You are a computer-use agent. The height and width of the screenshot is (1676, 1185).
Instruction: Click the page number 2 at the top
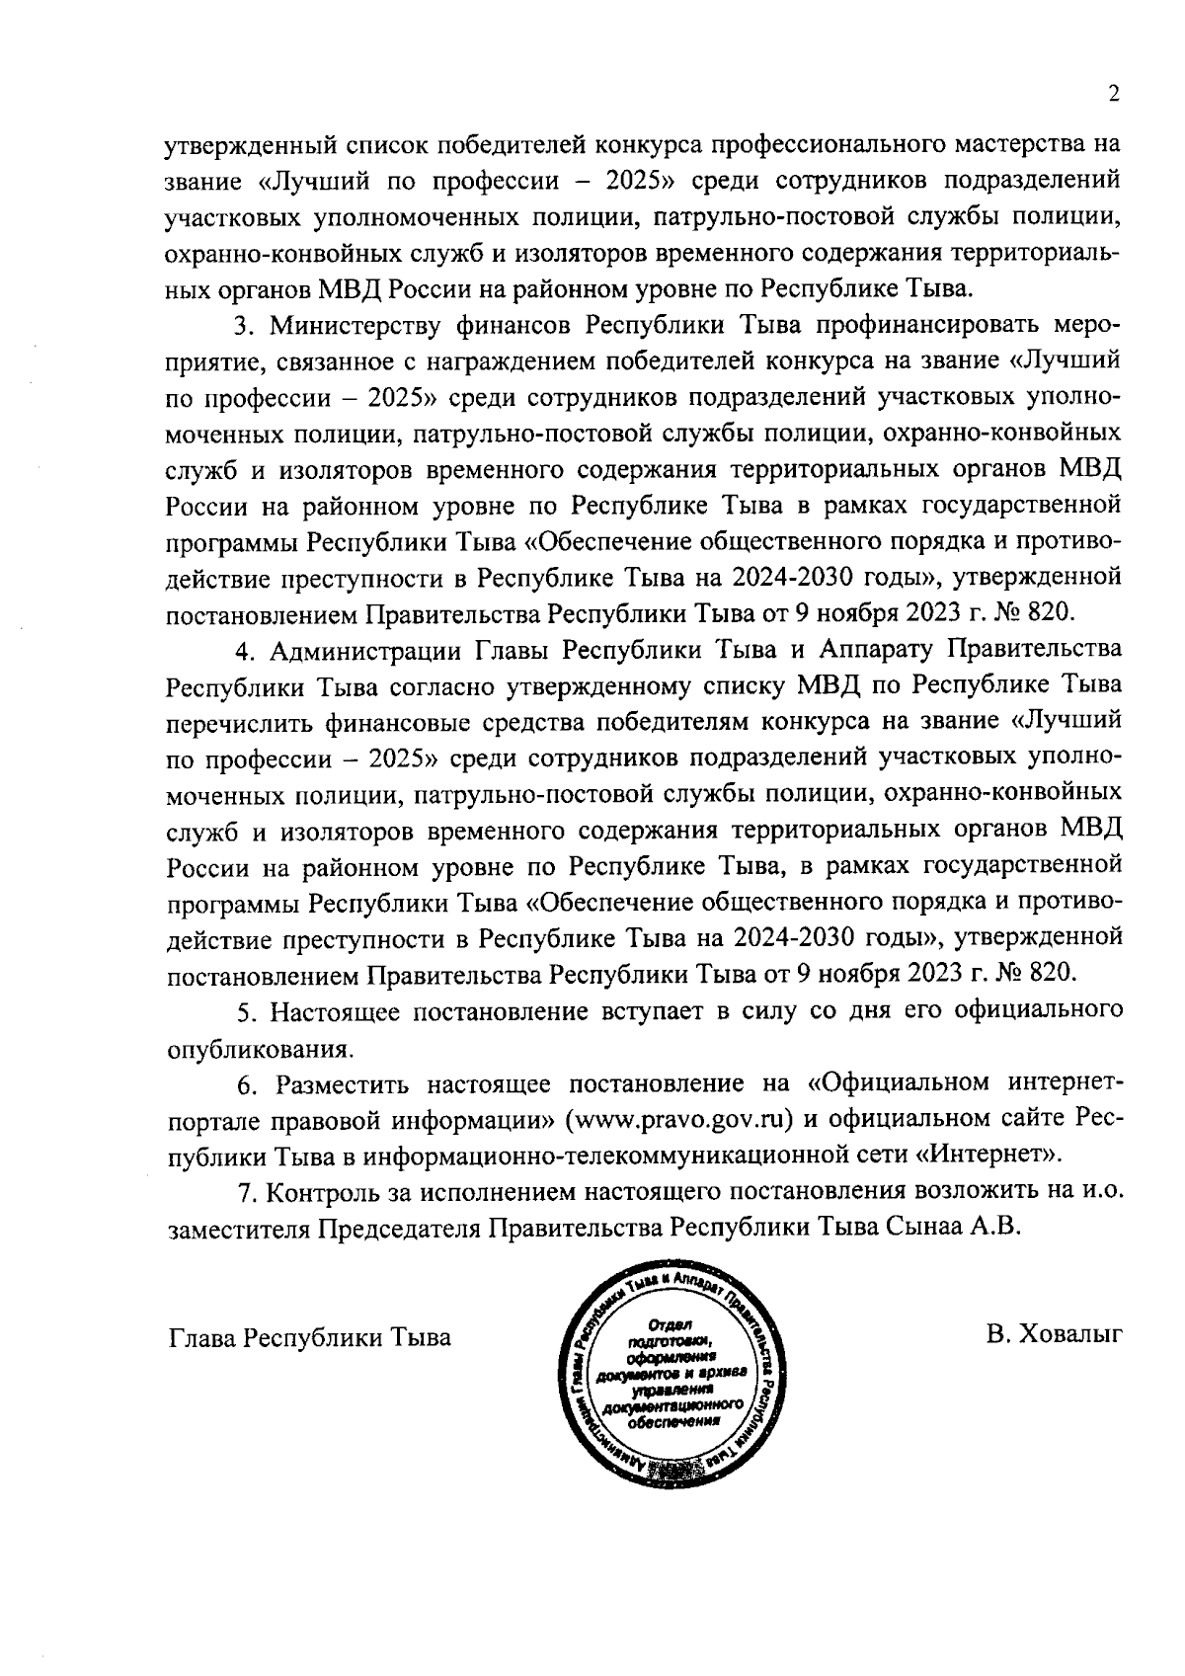coord(1114,94)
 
